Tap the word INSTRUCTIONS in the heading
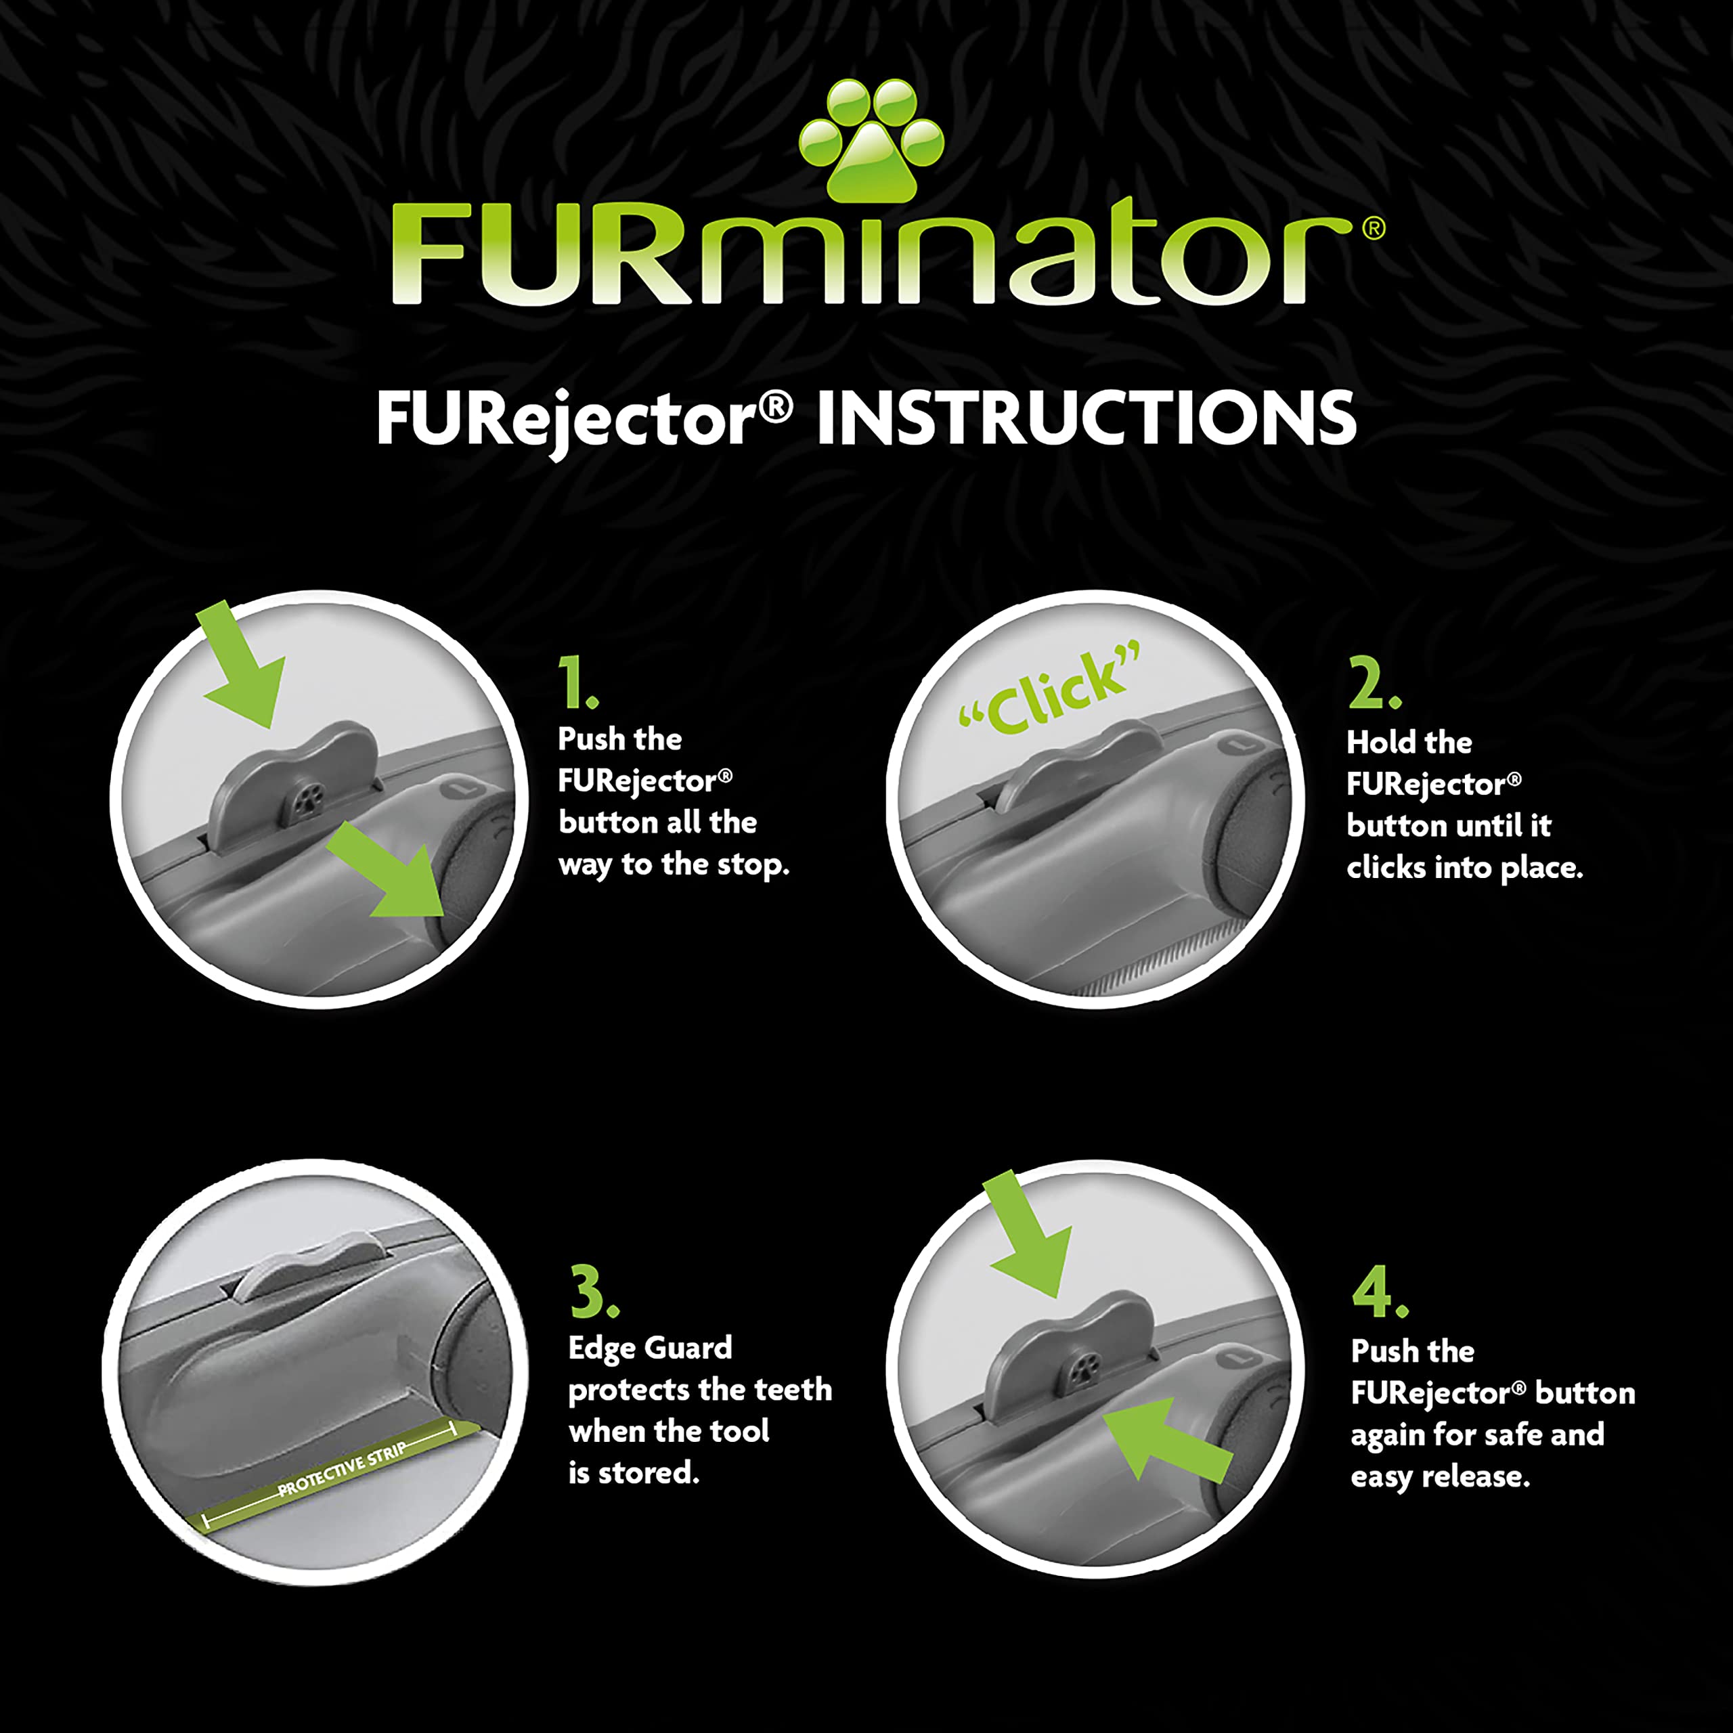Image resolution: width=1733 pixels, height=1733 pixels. (1085, 418)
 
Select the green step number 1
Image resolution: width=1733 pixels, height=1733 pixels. (577, 684)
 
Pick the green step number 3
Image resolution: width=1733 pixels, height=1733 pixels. (593, 1292)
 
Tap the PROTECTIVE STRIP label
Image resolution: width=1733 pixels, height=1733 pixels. (342, 1469)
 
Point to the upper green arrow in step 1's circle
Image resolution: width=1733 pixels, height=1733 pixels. (240, 665)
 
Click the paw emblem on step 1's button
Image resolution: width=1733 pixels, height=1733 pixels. (311, 795)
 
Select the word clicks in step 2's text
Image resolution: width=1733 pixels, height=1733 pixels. (1388, 867)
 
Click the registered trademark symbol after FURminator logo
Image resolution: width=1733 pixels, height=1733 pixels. (1374, 229)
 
